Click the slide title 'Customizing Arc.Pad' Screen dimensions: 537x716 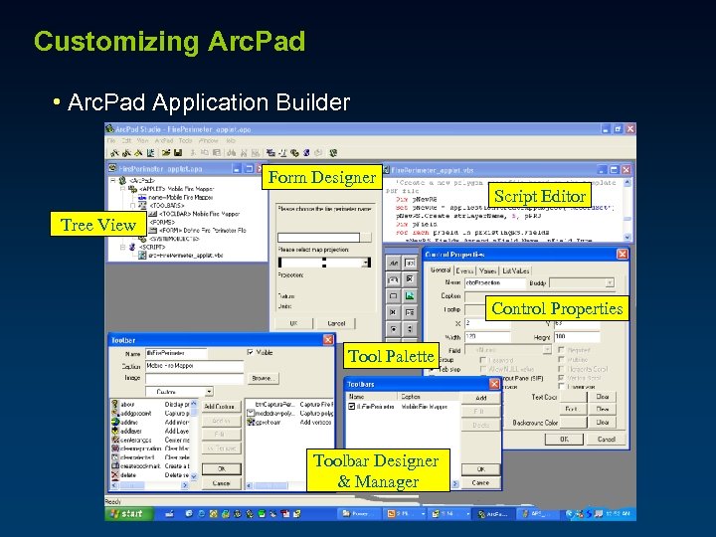pos(169,42)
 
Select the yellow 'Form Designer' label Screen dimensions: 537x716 pos(323,177)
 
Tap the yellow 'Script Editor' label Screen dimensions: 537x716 pos(540,196)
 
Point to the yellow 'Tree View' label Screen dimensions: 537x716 pos(98,225)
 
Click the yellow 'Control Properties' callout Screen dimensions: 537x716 pos(557,308)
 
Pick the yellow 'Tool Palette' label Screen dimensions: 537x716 pos(391,356)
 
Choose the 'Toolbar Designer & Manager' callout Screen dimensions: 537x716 pos(376,471)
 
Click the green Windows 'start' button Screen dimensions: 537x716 pos(126,514)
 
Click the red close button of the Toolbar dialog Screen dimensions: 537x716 pos(327,340)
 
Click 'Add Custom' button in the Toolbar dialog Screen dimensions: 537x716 pos(220,407)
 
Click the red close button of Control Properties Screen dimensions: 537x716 pos(623,255)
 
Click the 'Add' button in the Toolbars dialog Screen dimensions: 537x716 pos(480,398)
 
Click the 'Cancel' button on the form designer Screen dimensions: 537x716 pos(337,323)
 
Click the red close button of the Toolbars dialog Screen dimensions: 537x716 pos(496,383)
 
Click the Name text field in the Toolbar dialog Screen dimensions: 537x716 pos(177,353)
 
